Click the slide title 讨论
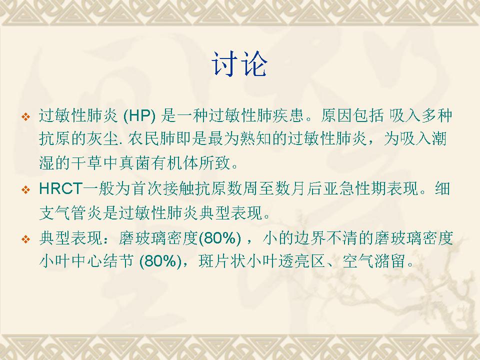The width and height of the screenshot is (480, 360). tap(239, 64)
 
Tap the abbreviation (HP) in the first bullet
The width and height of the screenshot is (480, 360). tap(139, 115)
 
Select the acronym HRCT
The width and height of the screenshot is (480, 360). tap(61, 188)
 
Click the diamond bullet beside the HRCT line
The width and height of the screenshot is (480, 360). tap(26, 190)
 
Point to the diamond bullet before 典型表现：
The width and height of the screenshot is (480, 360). tap(26, 239)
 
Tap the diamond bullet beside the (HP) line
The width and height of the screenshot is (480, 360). tap(26, 116)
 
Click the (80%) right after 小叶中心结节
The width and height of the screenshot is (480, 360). tap(160, 261)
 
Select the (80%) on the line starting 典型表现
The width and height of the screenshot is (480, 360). tap(220, 238)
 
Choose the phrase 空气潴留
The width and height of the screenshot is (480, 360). tap(374, 261)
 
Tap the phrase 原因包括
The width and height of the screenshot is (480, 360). tap(352, 115)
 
